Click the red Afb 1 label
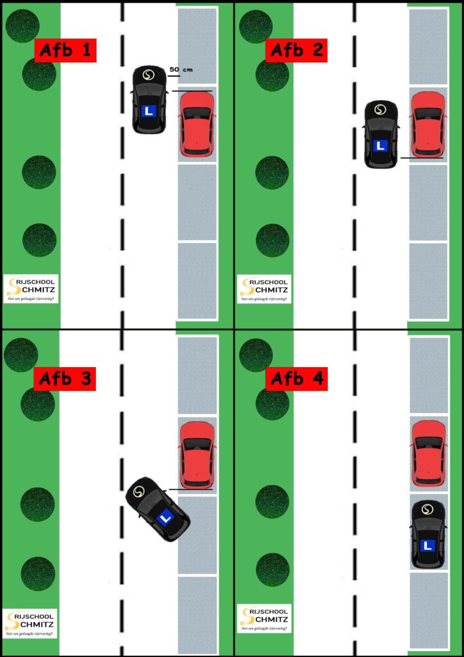(65, 50)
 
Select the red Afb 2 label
(296, 50)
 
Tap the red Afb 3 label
(65, 379)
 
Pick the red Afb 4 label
(296, 379)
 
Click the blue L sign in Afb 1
(149, 111)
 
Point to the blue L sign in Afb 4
(428, 546)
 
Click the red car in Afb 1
(197, 124)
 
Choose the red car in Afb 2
(427, 124)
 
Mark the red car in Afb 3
(197, 454)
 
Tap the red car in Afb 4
(427, 453)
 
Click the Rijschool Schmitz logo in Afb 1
(30, 289)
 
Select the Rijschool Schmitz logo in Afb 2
(263, 289)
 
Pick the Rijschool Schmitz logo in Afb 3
(30, 623)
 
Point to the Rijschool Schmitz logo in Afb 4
(263, 619)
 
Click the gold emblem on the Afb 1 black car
(149, 75)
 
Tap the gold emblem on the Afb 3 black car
(139, 491)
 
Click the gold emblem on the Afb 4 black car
(428, 509)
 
